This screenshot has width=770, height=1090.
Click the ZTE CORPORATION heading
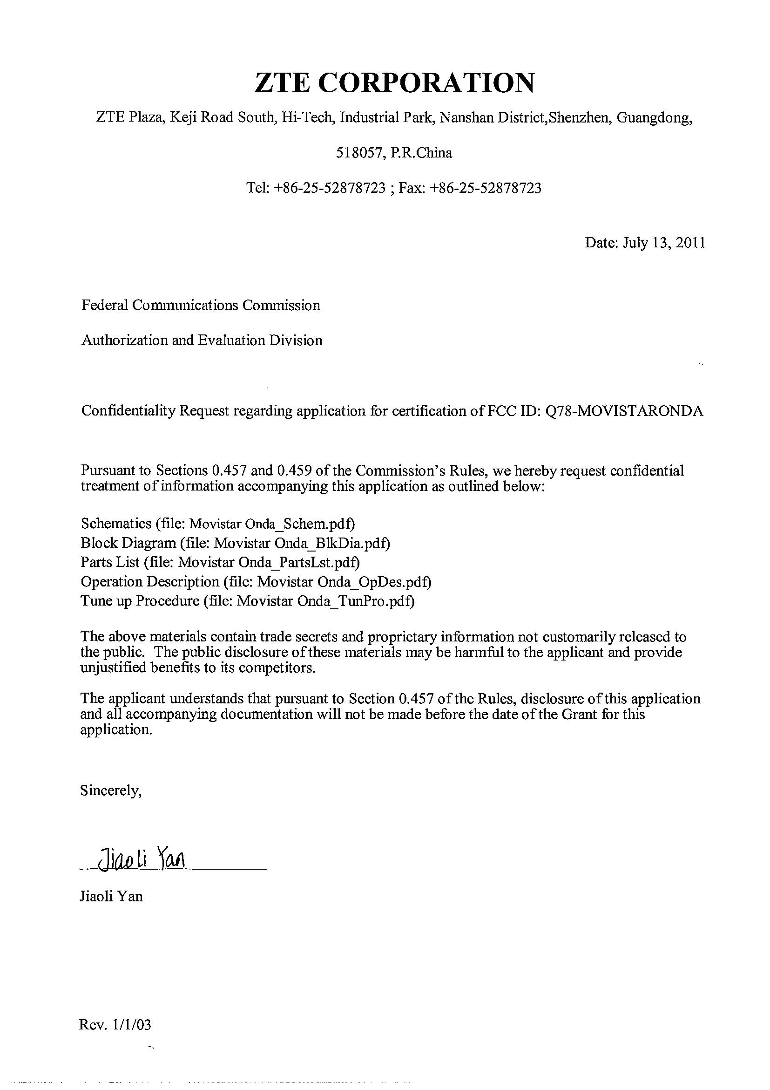(x=394, y=82)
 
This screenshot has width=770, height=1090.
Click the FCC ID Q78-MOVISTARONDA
(x=625, y=411)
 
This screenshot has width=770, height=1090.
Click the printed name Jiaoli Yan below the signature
(x=111, y=896)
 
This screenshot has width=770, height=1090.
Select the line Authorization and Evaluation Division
(x=202, y=340)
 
